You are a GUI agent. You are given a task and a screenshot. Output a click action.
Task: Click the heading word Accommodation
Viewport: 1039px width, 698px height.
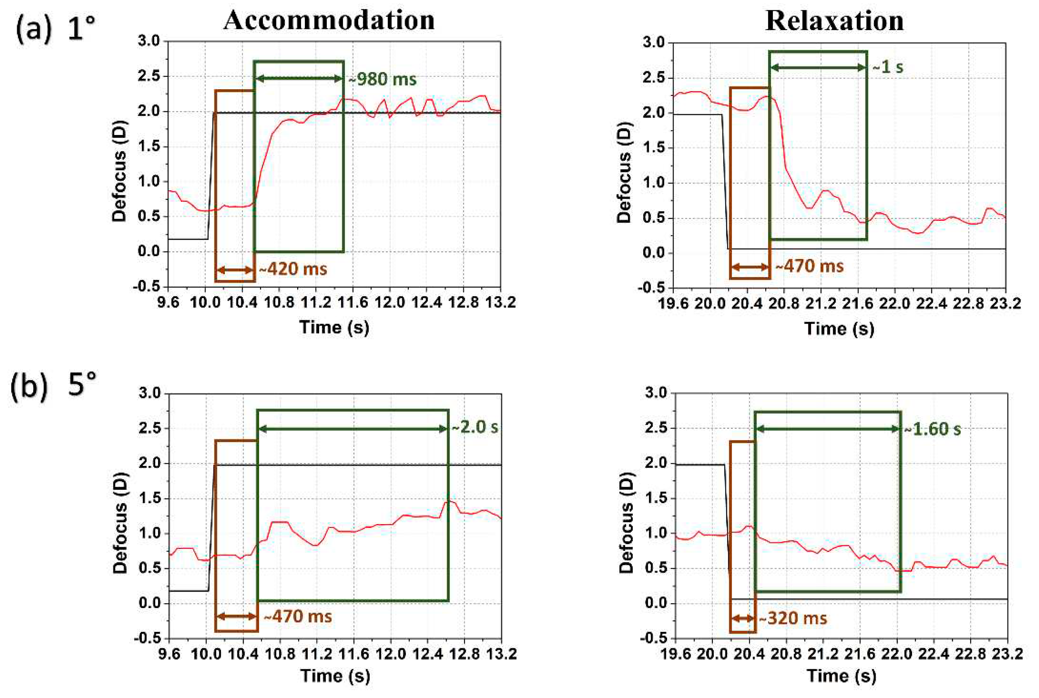(329, 21)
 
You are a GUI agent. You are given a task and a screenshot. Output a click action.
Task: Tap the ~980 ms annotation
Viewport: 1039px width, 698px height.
(382, 79)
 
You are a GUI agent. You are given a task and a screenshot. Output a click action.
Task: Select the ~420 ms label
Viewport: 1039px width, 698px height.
(293, 269)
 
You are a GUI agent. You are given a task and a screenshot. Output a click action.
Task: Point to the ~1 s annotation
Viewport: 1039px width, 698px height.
(887, 67)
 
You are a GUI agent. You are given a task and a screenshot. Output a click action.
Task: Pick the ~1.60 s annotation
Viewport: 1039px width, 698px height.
(932, 429)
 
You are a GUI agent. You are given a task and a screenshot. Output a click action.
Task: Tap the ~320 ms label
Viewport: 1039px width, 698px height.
(793, 618)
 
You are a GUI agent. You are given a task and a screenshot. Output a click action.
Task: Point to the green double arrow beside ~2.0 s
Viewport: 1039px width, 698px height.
(353, 429)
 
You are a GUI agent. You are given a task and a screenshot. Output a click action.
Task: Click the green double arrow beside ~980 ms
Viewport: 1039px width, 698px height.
(299, 79)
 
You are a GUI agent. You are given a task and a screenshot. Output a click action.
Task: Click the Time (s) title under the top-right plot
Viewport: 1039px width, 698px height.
(839, 329)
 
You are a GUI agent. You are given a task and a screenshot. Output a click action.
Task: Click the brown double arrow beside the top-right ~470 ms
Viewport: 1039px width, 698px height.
(750, 267)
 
